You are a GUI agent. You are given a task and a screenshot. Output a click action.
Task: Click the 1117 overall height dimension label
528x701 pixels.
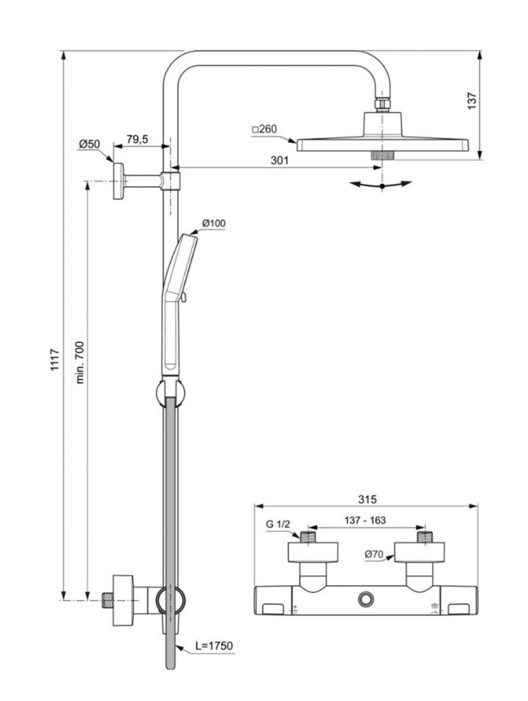(54, 359)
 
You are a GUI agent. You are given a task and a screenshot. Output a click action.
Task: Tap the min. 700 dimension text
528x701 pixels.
(79, 362)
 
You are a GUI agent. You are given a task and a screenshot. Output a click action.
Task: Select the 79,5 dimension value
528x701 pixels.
(137, 140)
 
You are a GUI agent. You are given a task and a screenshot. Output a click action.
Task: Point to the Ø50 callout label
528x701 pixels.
(90, 144)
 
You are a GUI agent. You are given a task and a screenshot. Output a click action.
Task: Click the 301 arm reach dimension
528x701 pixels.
(280, 160)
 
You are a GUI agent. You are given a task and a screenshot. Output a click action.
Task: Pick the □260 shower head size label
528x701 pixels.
(265, 129)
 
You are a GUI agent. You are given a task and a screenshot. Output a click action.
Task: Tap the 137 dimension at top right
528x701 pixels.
(472, 101)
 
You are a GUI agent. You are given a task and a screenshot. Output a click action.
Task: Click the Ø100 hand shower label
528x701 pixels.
(213, 223)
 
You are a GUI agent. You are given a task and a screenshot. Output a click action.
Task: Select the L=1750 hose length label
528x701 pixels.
(214, 646)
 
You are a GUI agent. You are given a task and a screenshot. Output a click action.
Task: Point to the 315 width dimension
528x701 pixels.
(367, 499)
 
